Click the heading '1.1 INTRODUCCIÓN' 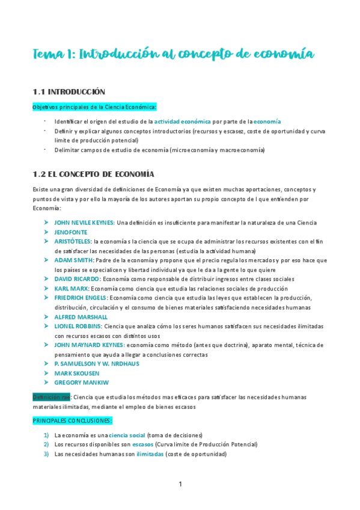pyautogui.click(x=69, y=92)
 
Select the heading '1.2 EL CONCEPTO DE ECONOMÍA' pyautogui.click(x=93, y=174)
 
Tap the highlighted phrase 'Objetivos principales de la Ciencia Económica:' pyautogui.click(x=94, y=107)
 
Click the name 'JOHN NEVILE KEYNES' pyautogui.click(x=84, y=223)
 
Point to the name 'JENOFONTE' pyautogui.click(x=71, y=232)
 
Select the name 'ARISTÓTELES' pyautogui.click(x=73, y=241)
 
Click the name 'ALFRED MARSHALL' pyautogui.click(x=81, y=317)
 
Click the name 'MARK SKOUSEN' pyautogui.click(x=77, y=373)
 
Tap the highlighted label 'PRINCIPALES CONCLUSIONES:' pyautogui.click(x=72, y=420)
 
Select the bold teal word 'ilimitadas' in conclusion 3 pyautogui.click(x=150, y=454)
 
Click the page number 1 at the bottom pyautogui.click(x=180, y=484)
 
